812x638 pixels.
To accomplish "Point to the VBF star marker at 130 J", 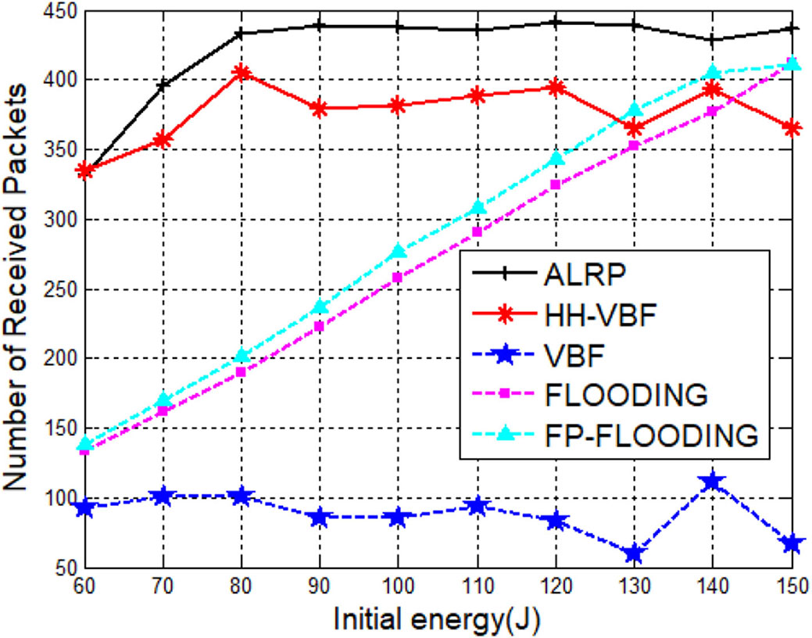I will click(633, 554).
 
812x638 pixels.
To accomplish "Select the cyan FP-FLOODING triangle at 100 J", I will click(399, 251).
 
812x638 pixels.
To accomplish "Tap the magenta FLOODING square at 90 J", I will click(320, 326).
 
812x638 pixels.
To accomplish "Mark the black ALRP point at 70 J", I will click(164, 85).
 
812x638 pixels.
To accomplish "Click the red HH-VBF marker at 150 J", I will click(790, 128).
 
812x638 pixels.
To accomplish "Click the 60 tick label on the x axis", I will click(86, 586).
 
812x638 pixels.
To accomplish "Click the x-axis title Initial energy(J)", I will click(438, 619).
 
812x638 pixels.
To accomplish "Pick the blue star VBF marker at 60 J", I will click(86, 508).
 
